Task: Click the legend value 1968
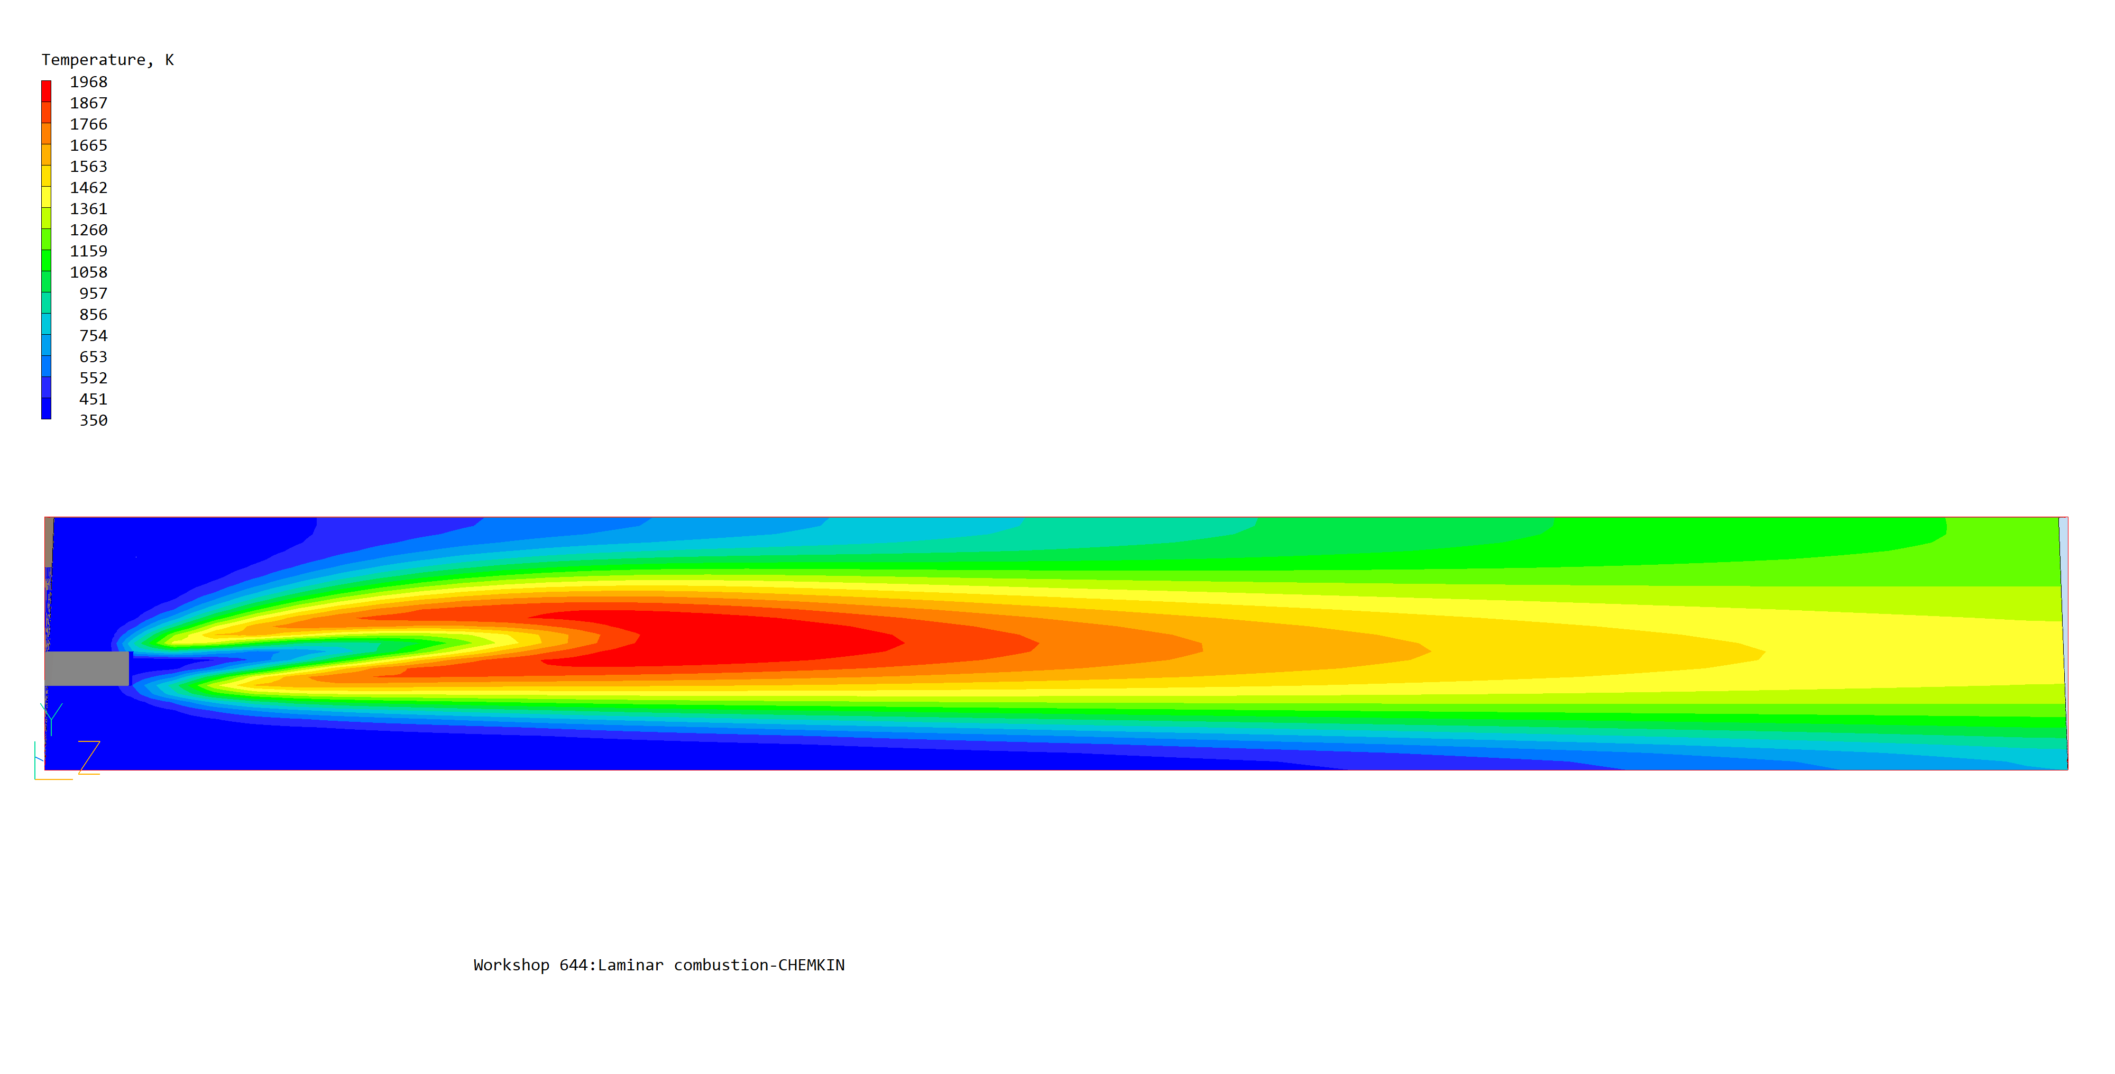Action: point(89,82)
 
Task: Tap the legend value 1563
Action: point(89,167)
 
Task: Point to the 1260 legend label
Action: point(89,230)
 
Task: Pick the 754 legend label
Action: point(94,336)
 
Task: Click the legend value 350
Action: point(94,420)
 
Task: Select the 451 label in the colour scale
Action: point(94,399)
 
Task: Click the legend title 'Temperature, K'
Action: point(107,60)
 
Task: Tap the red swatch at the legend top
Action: point(46,91)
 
